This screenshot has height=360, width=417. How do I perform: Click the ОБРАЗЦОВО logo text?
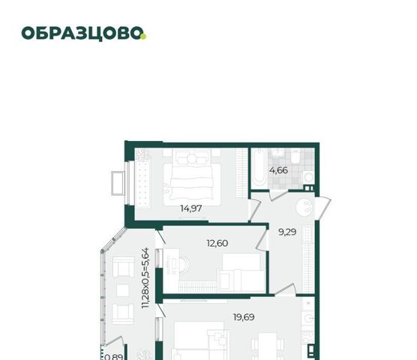tap(82, 34)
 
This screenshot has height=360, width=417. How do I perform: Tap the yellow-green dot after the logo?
tap(143, 37)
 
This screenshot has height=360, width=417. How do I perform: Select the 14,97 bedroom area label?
tap(191, 208)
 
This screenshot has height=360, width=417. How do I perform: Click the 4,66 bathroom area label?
tap(278, 170)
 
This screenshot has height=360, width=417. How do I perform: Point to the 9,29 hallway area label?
tap(287, 232)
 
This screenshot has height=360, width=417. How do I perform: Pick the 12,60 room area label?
tap(217, 243)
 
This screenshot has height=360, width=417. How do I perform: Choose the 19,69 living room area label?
tap(244, 317)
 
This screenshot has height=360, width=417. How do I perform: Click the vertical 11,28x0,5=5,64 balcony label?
tap(145, 278)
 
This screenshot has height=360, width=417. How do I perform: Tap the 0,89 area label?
tap(114, 356)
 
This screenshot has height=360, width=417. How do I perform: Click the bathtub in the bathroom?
tap(259, 168)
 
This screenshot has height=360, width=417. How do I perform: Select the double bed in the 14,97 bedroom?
tap(192, 178)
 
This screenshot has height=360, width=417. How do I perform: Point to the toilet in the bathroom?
tap(295, 156)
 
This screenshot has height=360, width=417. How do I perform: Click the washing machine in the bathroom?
tap(308, 177)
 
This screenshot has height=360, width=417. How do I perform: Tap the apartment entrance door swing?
tap(323, 208)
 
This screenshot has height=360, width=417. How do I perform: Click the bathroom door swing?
tap(278, 194)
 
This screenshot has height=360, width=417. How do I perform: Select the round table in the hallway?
tap(305, 207)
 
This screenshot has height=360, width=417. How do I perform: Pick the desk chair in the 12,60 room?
tap(184, 265)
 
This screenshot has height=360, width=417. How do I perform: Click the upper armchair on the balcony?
tap(123, 267)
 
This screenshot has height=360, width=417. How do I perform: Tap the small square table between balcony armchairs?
tap(122, 290)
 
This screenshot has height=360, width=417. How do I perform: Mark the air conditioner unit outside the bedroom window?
tap(118, 184)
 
